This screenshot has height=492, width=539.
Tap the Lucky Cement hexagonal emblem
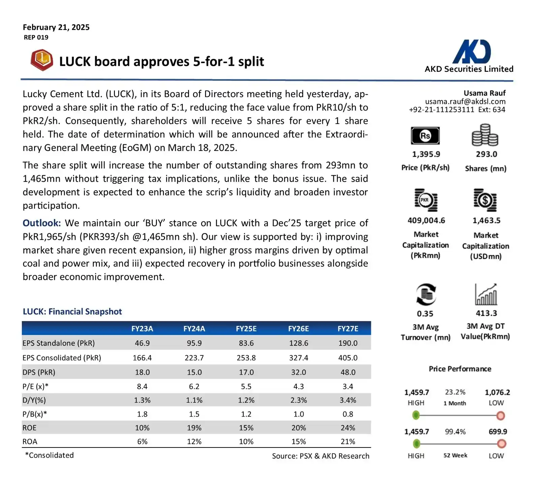click(42, 60)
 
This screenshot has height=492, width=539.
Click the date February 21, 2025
click(56, 27)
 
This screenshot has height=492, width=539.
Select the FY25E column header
click(246, 329)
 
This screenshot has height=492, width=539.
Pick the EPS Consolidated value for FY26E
click(298, 358)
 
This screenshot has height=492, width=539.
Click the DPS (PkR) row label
click(39, 372)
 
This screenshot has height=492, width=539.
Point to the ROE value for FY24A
click(194, 428)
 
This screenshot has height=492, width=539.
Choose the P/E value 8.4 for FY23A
click(142, 386)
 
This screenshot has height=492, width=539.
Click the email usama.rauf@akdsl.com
click(465, 101)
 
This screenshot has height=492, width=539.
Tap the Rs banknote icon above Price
click(425, 136)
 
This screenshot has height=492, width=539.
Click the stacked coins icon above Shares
click(485, 135)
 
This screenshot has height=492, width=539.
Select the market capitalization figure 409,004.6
click(426, 220)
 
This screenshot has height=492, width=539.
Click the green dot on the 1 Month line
click(416, 415)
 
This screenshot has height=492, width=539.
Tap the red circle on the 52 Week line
click(501, 444)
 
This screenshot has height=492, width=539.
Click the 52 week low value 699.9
click(498, 431)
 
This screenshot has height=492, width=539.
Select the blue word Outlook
click(41, 223)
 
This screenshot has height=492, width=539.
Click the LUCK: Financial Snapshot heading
click(72, 311)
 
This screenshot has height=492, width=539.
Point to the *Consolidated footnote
click(50, 455)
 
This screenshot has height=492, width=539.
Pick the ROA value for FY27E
click(348, 441)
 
